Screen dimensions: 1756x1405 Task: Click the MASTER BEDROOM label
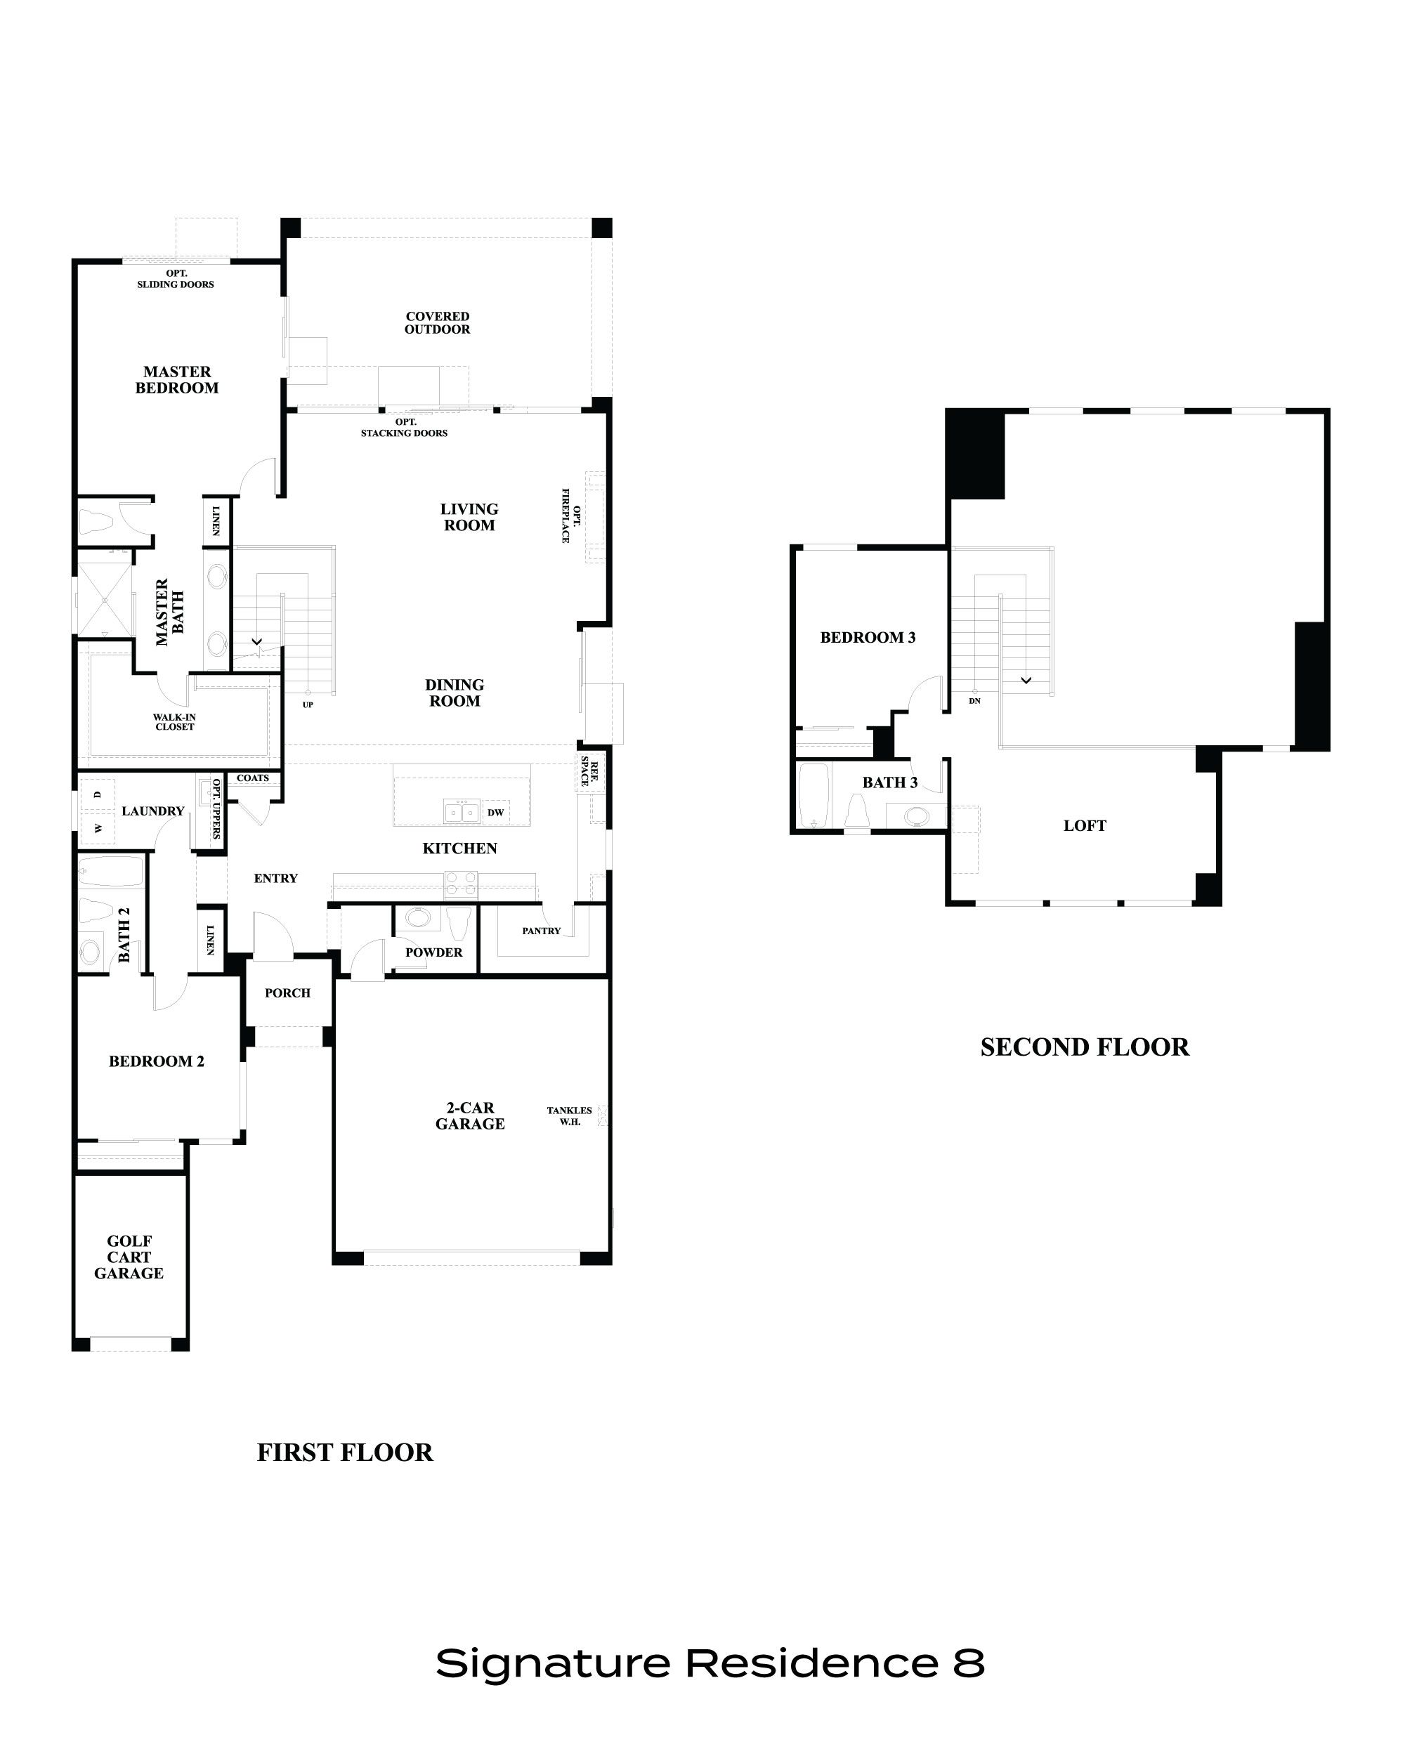[x=177, y=379]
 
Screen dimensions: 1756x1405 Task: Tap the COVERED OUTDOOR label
[x=438, y=322]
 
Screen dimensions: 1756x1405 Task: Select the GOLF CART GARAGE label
[x=129, y=1257]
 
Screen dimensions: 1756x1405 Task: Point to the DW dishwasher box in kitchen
[x=495, y=812]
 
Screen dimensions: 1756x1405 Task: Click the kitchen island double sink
[x=461, y=812]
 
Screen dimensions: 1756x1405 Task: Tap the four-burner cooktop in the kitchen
[x=461, y=884]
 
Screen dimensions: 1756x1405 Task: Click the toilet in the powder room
[x=459, y=924]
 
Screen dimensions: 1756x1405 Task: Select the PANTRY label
[x=541, y=930]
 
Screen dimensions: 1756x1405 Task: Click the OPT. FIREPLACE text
[x=571, y=516]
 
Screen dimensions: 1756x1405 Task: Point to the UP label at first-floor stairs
[x=308, y=705]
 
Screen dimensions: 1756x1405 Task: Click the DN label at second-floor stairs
[x=975, y=700]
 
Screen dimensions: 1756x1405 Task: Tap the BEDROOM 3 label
[x=868, y=637]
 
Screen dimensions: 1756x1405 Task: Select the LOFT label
[x=1084, y=825]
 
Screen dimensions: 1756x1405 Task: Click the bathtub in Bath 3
[x=813, y=795]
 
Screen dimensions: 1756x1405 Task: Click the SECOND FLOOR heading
[x=1084, y=1047]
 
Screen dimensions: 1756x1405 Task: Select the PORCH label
[x=287, y=992]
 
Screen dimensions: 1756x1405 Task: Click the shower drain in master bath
[x=104, y=599]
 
